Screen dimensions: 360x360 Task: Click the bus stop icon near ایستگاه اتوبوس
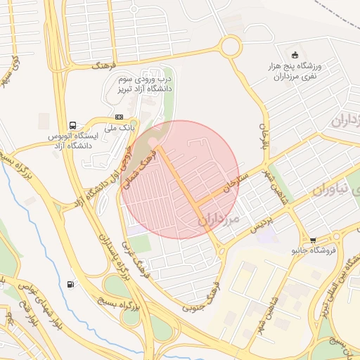[x=74, y=121]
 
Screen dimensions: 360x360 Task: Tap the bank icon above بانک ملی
[x=119, y=117]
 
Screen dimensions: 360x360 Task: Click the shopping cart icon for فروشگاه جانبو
[x=313, y=240]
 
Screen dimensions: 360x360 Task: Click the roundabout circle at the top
[x=230, y=48]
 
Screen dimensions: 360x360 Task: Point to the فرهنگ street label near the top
[x=103, y=65]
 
